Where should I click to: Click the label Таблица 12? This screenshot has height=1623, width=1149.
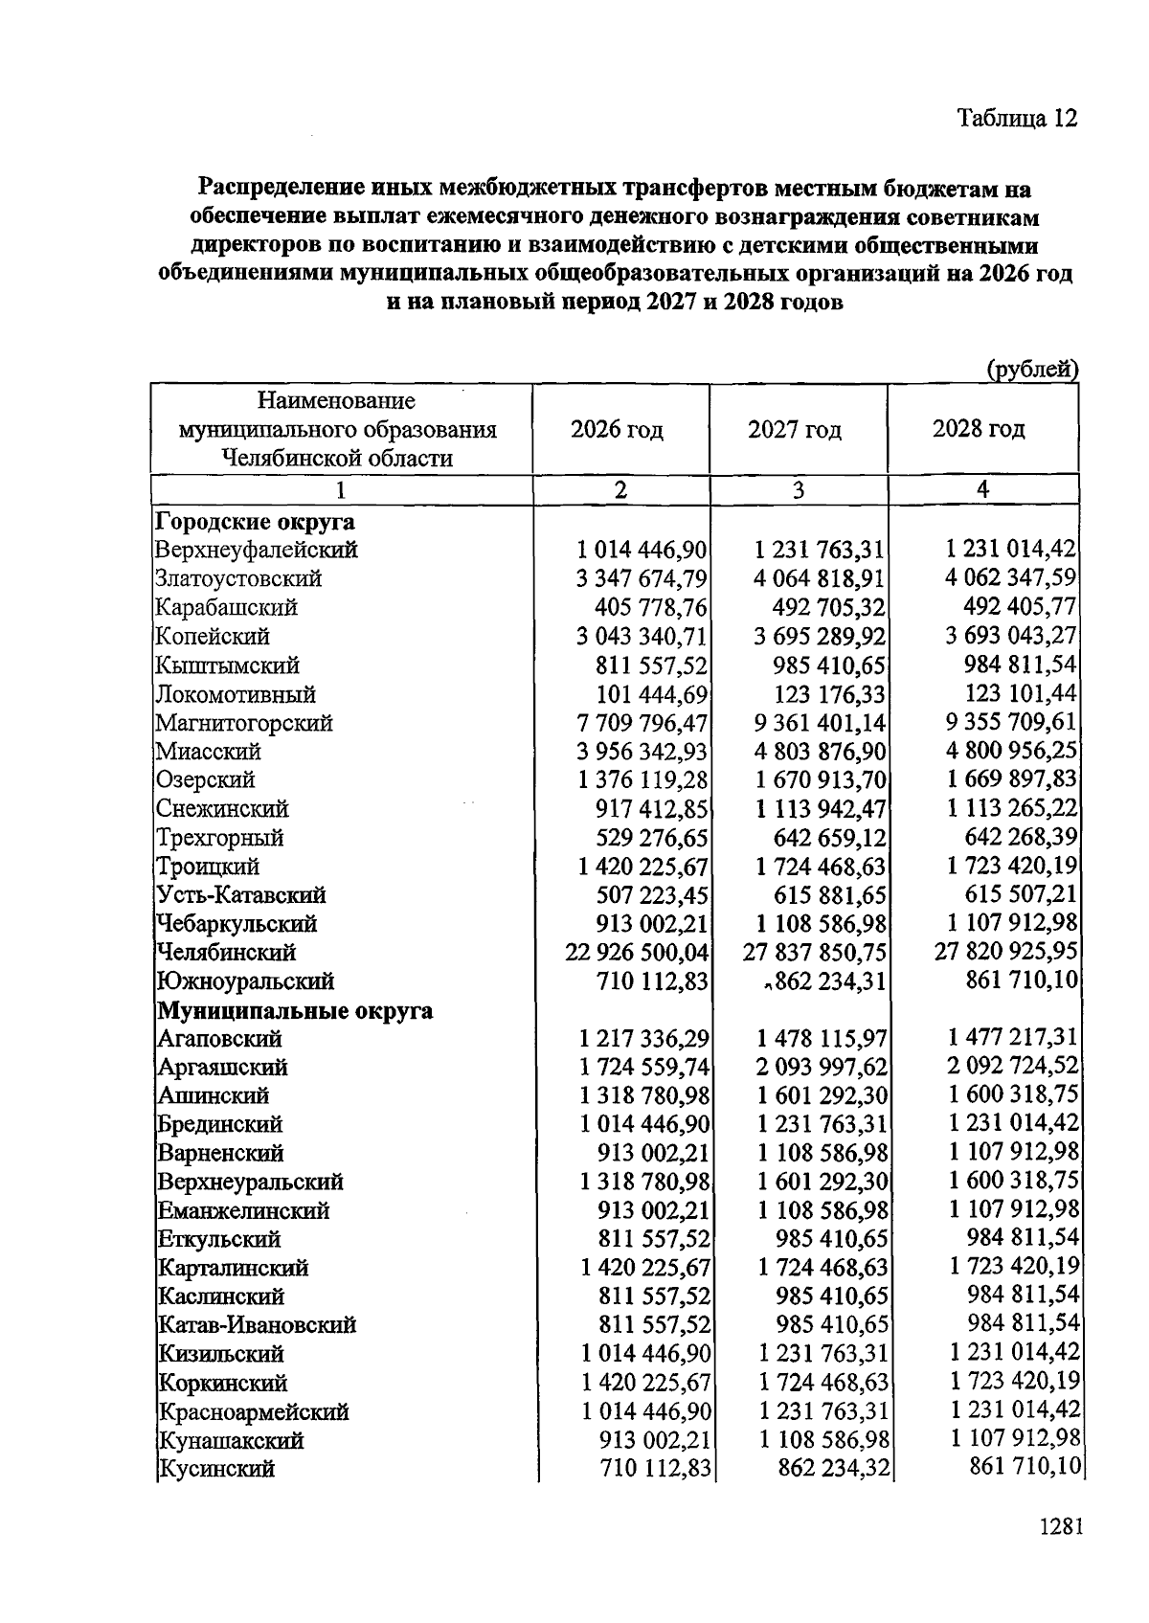point(1017,118)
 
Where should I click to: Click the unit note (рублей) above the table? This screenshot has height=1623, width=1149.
point(1031,370)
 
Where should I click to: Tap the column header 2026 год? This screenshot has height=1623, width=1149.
point(617,429)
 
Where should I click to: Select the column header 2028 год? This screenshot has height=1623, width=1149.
point(979,428)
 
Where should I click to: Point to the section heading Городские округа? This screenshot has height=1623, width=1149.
point(255,522)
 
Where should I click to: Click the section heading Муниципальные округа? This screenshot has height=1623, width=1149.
point(295,1010)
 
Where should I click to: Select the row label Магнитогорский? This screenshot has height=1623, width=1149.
point(244,723)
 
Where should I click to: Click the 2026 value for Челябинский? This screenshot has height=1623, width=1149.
point(637,953)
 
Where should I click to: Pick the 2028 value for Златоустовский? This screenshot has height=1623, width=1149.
point(1011,578)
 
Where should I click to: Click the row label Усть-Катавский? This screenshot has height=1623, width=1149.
point(241,895)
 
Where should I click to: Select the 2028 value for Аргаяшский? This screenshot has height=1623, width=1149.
point(1012,1066)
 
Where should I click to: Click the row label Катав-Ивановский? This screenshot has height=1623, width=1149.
point(257,1325)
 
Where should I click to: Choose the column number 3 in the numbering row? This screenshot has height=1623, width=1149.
point(798,490)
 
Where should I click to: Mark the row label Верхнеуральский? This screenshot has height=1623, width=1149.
point(250,1182)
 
